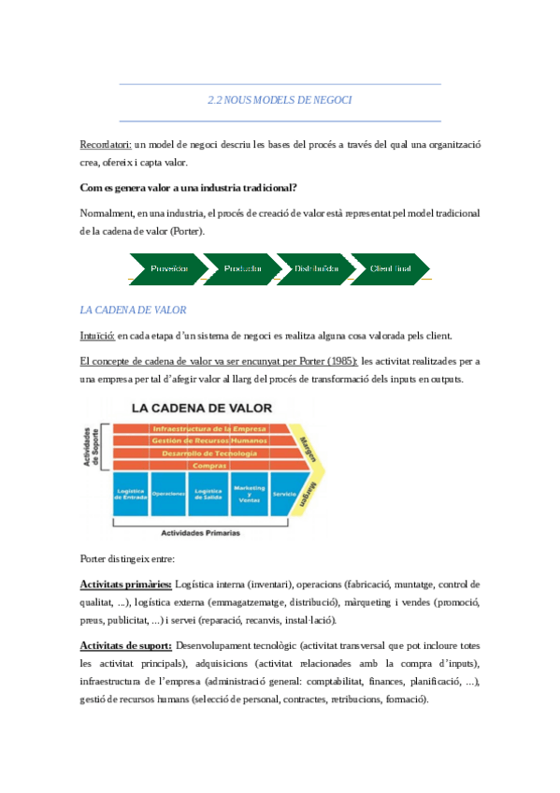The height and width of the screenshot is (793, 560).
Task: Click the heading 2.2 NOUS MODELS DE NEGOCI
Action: click(280, 100)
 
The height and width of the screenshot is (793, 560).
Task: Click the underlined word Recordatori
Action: click(106, 145)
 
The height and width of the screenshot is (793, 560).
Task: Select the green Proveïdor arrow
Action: click(168, 268)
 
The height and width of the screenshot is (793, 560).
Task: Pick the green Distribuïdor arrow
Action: click(316, 268)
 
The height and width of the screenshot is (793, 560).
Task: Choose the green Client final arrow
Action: click(391, 268)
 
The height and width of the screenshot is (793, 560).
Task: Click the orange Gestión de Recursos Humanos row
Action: click(208, 440)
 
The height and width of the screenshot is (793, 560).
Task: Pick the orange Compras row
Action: click(208, 465)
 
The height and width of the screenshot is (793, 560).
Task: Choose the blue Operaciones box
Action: click(167, 494)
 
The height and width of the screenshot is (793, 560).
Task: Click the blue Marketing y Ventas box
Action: click(249, 494)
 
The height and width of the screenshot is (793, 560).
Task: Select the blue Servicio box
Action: click(285, 494)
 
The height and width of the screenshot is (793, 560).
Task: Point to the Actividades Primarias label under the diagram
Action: click(200, 533)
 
